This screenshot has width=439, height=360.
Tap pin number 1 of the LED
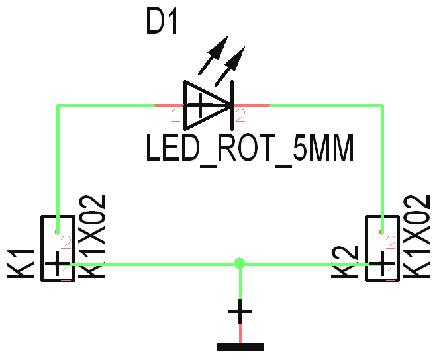(174, 117)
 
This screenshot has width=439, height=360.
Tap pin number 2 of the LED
(240, 116)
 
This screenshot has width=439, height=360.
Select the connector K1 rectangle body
(58, 248)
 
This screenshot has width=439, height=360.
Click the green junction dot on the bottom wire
(240, 263)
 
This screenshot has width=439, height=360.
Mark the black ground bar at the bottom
(240, 347)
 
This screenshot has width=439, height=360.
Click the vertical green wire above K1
(58, 165)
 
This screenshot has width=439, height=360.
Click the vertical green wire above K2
(383, 165)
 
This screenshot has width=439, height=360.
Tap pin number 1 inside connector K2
(391, 273)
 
